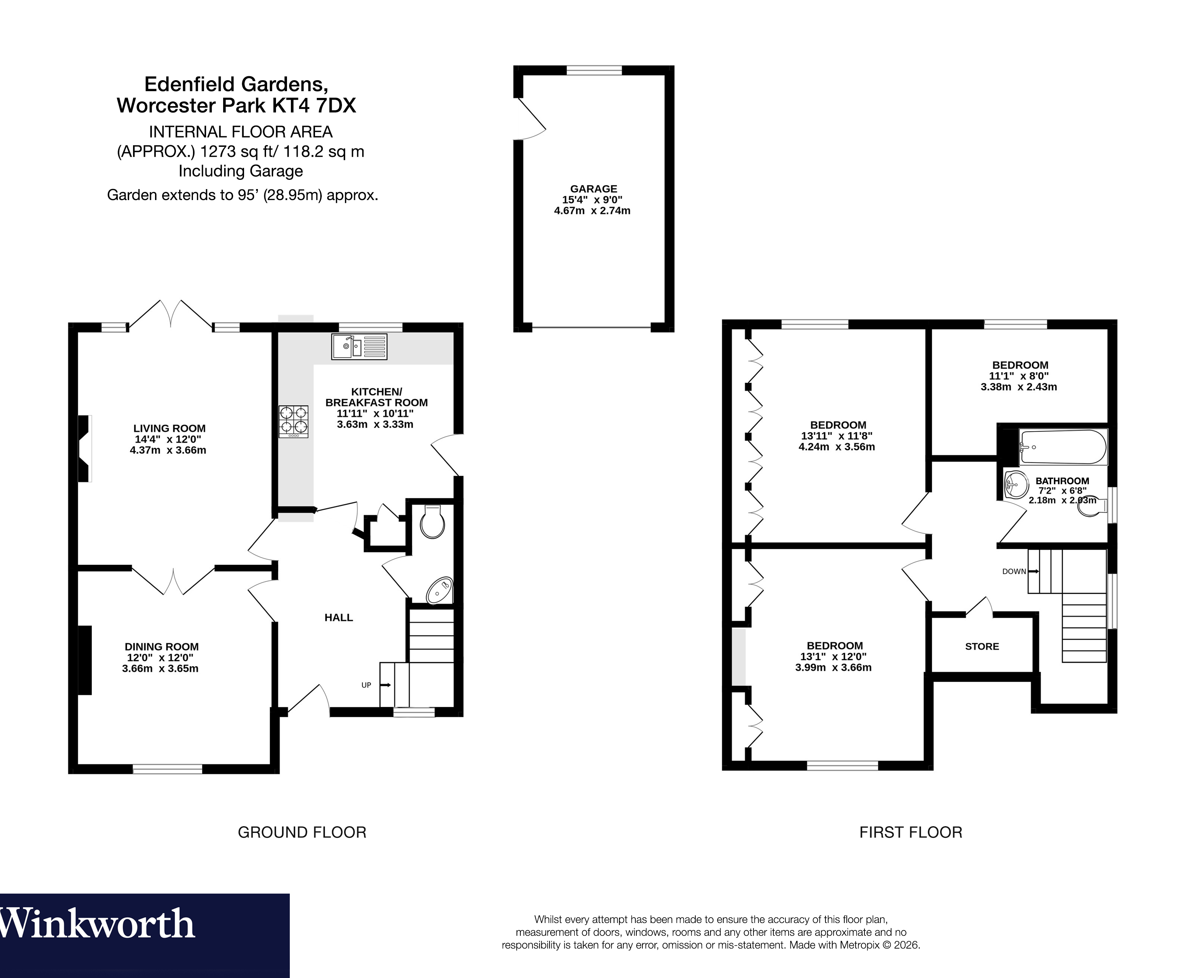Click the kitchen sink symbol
[x=359, y=347]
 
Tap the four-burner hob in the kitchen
[x=293, y=421]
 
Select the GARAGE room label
[x=593, y=189]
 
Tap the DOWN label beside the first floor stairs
[x=1014, y=571]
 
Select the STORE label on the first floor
[x=982, y=647]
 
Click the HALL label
[x=339, y=618]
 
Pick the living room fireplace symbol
[x=84, y=448]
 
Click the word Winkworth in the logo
[x=97, y=924]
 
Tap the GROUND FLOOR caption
[x=302, y=832]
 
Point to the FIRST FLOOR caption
[x=911, y=832]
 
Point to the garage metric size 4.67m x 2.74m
[x=592, y=211]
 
